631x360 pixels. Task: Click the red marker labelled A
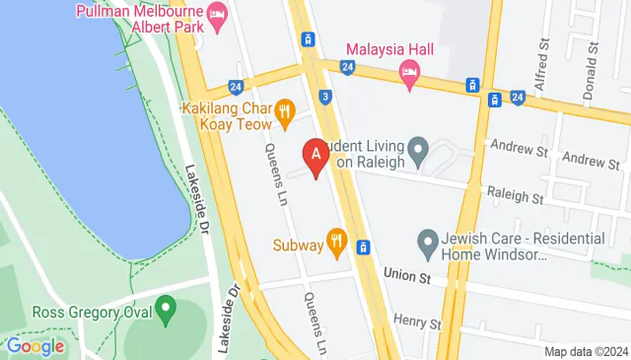click(315, 156)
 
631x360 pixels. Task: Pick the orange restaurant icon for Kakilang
click(285, 111)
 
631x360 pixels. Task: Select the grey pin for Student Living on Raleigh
click(417, 153)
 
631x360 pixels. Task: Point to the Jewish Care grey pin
click(428, 240)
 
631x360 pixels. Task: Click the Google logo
click(35, 346)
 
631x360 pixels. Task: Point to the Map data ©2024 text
click(586, 351)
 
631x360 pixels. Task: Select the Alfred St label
click(541, 65)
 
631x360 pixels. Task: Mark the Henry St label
click(416, 322)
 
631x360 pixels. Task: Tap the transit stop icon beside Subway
click(364, 246)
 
